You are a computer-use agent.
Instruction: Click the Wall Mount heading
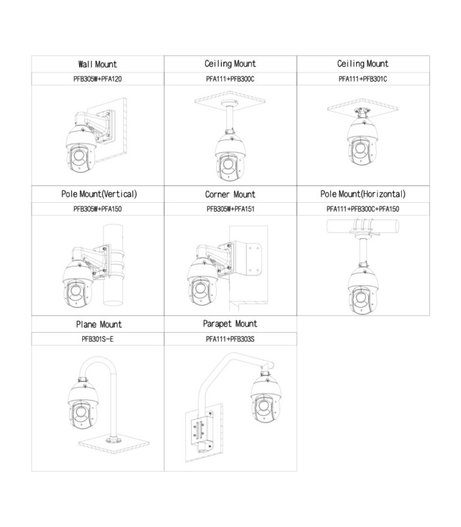point(97,64)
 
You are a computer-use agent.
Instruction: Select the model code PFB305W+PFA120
point(97,79)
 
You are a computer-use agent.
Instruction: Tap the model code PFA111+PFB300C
point(230,79)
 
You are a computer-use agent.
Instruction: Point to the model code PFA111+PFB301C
point(363,79)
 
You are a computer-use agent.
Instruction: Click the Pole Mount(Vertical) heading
point(99,194)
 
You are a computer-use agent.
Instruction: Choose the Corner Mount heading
point(230,194)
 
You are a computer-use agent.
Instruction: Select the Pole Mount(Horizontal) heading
point(363,194)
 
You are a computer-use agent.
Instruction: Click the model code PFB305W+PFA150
point(97,209)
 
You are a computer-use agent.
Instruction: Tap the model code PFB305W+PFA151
point(230,209)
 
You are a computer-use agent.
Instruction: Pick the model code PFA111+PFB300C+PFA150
point(363,209)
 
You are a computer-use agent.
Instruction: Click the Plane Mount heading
point(99,325)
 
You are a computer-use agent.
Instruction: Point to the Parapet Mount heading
point(230,324)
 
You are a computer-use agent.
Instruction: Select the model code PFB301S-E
point(97,339)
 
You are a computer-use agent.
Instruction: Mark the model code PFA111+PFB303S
point(230,339)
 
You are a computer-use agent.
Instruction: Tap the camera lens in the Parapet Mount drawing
point(264,406)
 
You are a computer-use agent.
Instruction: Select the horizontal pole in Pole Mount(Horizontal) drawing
point(363,226)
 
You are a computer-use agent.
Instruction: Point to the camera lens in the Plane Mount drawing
point(80,412)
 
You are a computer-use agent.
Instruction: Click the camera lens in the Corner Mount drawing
point(201,290)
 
